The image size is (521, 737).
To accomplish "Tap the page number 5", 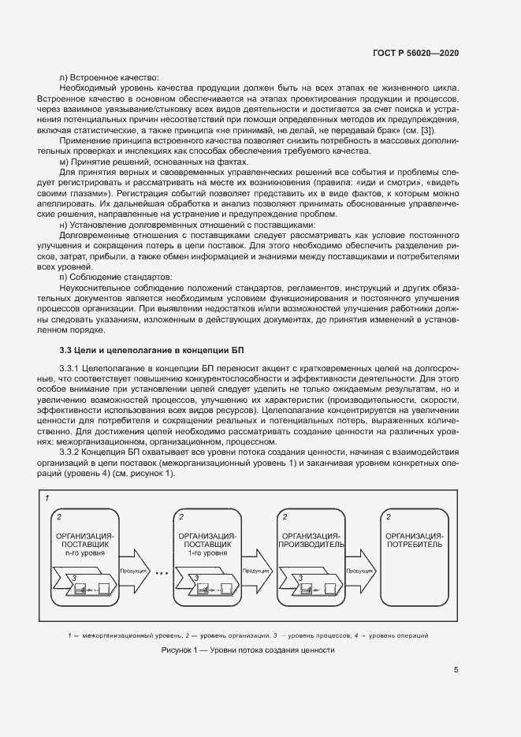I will pyautogui.click(x=456, y=670).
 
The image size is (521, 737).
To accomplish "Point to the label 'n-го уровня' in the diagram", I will pyautogui.click(x=87, y=553).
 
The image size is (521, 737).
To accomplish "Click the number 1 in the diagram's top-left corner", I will pyautogui.click(x=47, y=499).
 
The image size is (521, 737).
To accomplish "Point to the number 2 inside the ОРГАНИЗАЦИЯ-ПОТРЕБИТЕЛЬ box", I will pyautogui.click(x=388, y=516).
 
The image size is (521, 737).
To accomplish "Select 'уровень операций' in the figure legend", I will pyautogui.click(x=400, y=635).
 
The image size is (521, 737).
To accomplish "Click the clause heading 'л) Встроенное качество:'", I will pyautogui.click(x=110, y=77).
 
